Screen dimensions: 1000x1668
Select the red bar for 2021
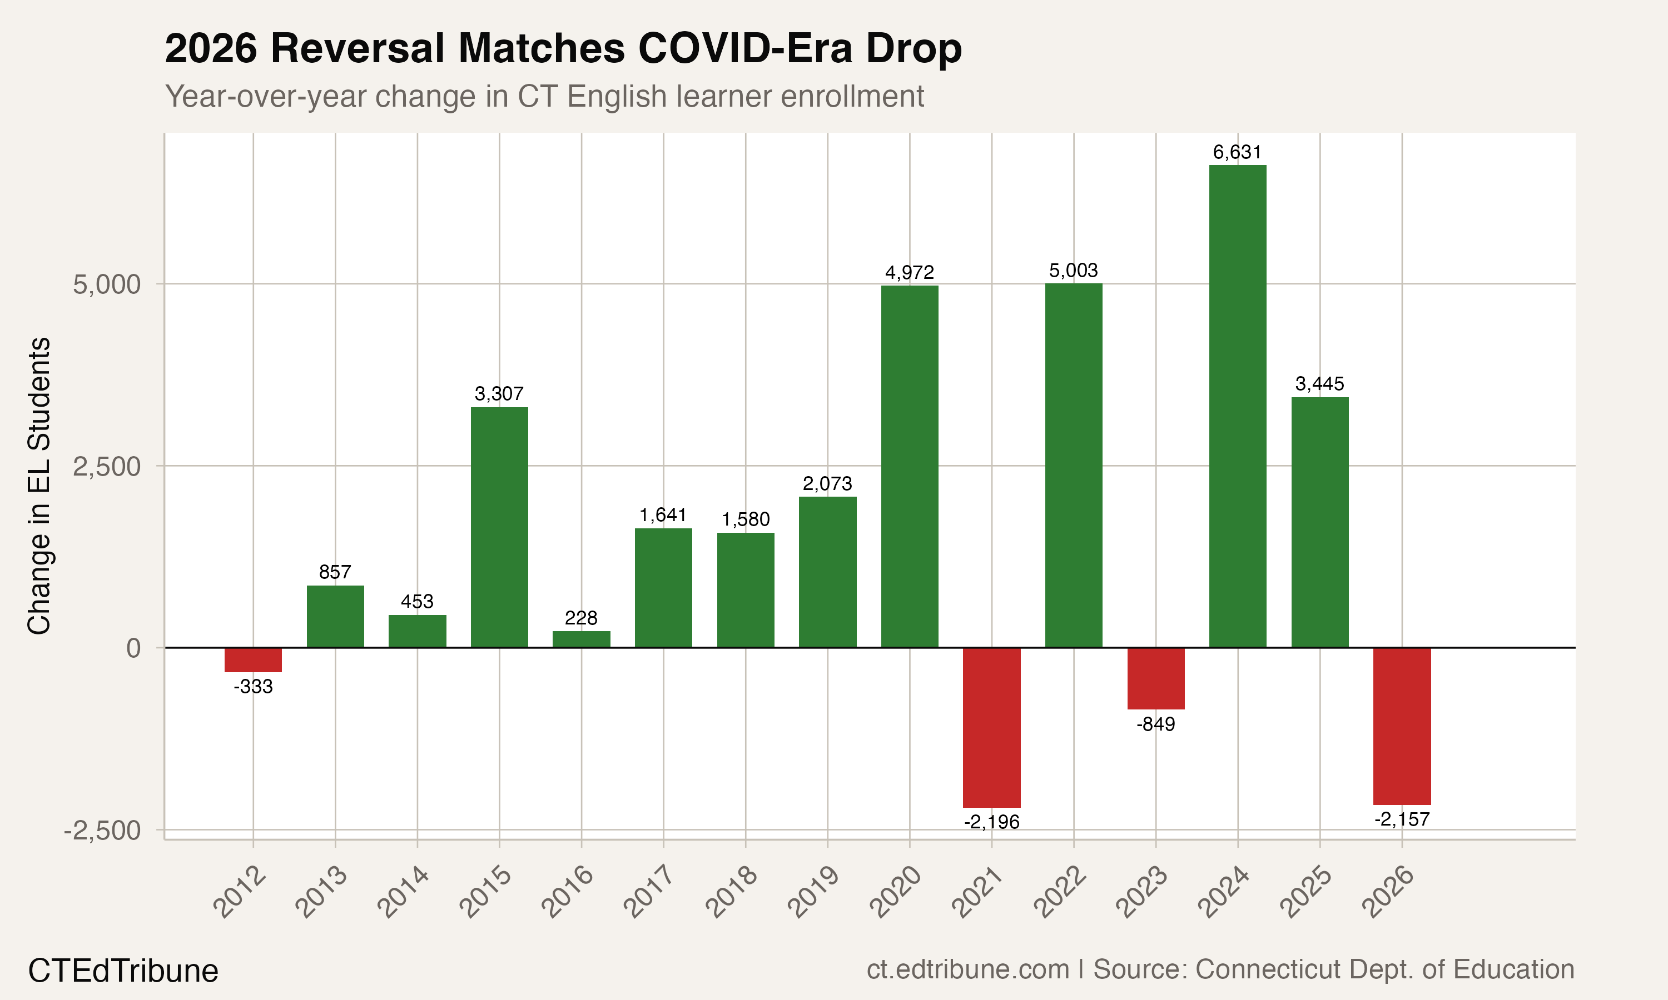991,727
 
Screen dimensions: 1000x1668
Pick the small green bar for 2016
581,639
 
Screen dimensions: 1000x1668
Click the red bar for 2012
253,659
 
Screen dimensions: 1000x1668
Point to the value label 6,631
1237,152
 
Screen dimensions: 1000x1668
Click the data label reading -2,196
991,822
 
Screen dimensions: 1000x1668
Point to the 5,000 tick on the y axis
107,284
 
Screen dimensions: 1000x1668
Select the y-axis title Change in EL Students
39,485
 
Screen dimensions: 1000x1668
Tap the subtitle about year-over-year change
544,96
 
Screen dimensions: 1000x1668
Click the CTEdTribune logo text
123,971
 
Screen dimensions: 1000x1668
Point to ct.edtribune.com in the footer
967,969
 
